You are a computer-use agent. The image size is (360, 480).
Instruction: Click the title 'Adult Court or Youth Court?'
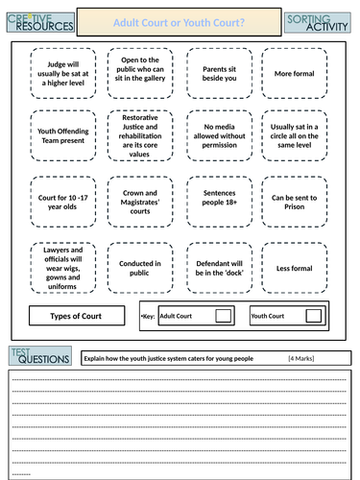180,21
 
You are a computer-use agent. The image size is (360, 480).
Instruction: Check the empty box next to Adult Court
223,315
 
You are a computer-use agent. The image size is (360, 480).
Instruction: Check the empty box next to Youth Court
313,315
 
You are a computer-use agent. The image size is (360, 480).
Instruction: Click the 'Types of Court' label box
76,315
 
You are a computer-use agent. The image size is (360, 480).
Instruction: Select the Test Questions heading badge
38,357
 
